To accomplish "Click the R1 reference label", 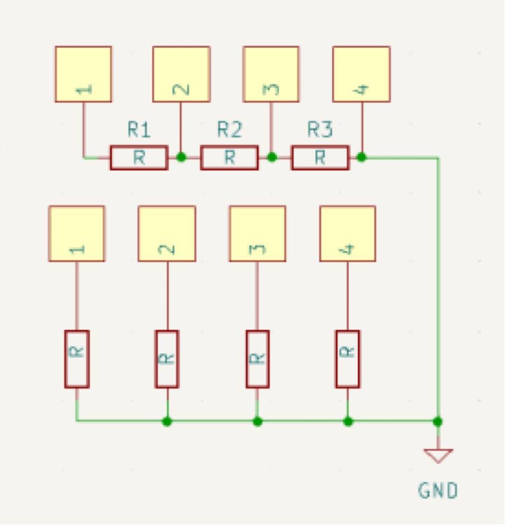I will pos(139,130).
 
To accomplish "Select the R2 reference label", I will pos(229,130).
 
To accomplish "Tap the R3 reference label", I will pos(320,130).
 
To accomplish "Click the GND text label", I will pos(438,491).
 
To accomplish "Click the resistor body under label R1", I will pos(139,158).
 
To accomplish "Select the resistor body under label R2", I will pos(229,158).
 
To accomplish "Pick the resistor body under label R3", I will pos(320,158).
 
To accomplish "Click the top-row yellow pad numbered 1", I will pos(83,74).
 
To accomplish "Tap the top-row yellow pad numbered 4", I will pos(361,74).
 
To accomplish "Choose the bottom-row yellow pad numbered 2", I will pos(167,234).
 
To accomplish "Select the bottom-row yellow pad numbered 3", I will pos(257,234).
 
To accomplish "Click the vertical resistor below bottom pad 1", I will pos(77,359).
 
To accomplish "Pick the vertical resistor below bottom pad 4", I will pos(348,359).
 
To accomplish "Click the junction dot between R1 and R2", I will pos(181,157).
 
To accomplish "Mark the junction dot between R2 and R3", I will pos(272,157).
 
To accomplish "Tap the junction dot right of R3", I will pos(362,157).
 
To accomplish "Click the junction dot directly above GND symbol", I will pos(438,422).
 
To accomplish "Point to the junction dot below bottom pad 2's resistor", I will pos(167,422).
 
